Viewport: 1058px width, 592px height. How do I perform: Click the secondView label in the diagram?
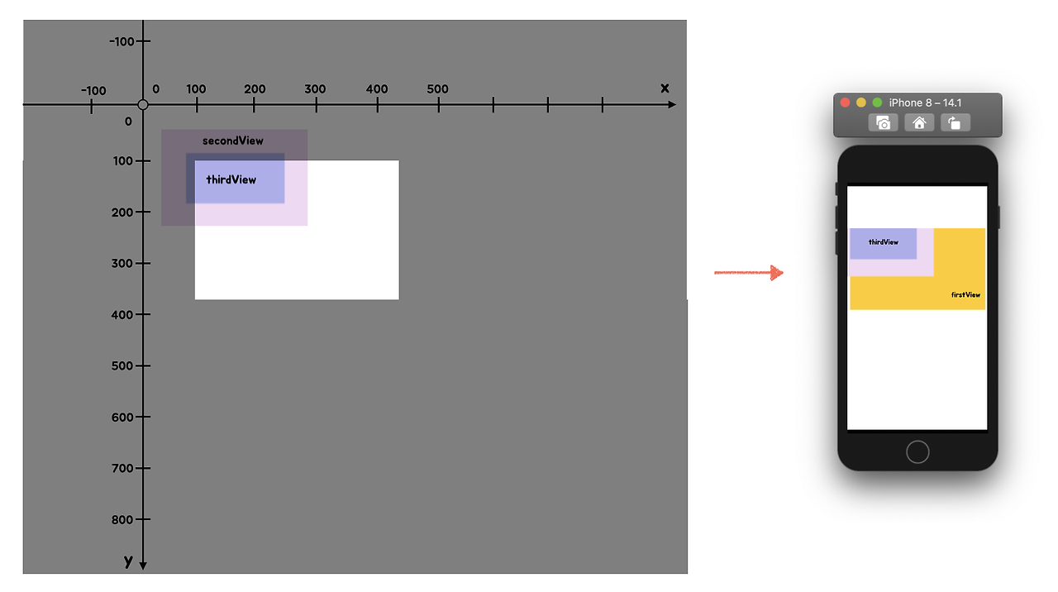pyautogui.click(x=233, y=141)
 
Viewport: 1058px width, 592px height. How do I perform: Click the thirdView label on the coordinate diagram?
pyautogui.click(x=231, y=179)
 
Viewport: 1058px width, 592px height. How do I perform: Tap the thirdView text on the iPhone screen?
pyautogui.click(x=884, y=242)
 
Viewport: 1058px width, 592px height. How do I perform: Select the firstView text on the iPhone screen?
pyautogui.click(x=965, y=295)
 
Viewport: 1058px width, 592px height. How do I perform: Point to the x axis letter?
pyautogui.click(x=665, y=88)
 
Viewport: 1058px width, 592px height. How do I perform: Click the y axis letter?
pyautogui.click(x=128, y=561)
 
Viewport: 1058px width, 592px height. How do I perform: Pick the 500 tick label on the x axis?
pyautogui.click(x=438, y=89)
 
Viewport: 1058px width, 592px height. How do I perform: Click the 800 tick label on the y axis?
pyautogui.click(x=122, y=519)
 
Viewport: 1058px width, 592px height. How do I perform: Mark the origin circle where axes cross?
pyautogui.click(x=143, y=105)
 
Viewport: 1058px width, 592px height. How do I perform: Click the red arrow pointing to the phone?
pyautogui.click(x=749, y=273)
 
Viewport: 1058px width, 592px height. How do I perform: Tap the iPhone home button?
pyautogui.click(x=917, y=451)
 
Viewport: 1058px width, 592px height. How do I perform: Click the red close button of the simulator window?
pyautogui.click(x=845, y=103)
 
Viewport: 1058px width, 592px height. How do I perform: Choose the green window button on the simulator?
pyautogui.click(x=877, y=103)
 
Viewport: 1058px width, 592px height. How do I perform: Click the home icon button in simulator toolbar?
pyautogui.click(x=918, y=123)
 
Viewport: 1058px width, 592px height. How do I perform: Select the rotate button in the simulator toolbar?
pyautogui.click(x=955, y=123)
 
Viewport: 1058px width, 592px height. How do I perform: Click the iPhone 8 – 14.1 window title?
pyautogui.click(x=925, y=103)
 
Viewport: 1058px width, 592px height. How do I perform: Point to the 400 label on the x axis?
pyautogui.click(x=377, y=89)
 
